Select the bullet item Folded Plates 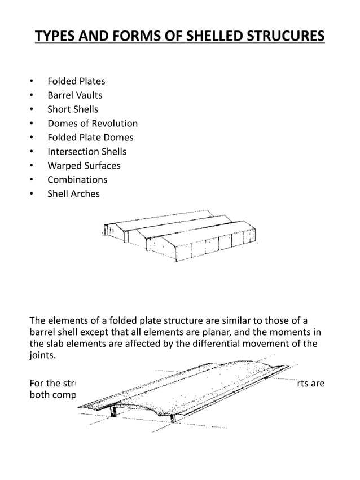(x=76, y=81)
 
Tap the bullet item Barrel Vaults (x=74, y=95)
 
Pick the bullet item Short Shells (x=72, y=109)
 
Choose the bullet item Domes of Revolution (x=92, y=123)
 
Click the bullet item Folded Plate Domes (x=90, y=137)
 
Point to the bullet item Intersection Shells (x=86, y=151)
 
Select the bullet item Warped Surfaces (x=84, y=165)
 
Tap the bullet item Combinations (x=77, y=179)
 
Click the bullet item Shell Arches (x=73, y=193)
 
